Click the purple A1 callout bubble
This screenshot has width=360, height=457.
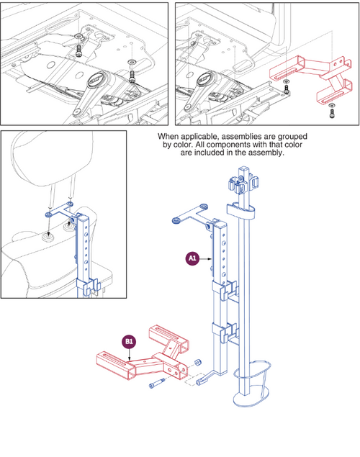pyautogui.click(x=192, y=257)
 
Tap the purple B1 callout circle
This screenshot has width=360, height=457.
pyautogui.click(x=129, y=342)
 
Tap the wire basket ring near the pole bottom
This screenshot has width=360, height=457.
pyautogui.click(x=252, y=378)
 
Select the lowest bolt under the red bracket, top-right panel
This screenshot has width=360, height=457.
pyautogui.click(x=331, y=111)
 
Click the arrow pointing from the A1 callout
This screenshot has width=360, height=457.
pyautogui.click(x=206, y=257)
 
